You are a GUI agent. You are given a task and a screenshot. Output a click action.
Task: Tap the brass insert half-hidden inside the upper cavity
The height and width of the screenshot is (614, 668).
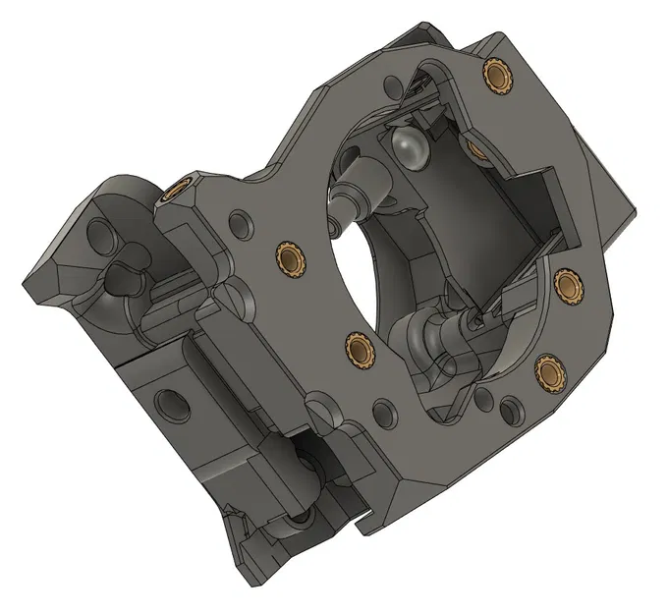click(476, 149)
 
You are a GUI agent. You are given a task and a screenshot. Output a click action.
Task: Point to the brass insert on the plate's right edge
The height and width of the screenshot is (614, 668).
click(568, 285)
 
